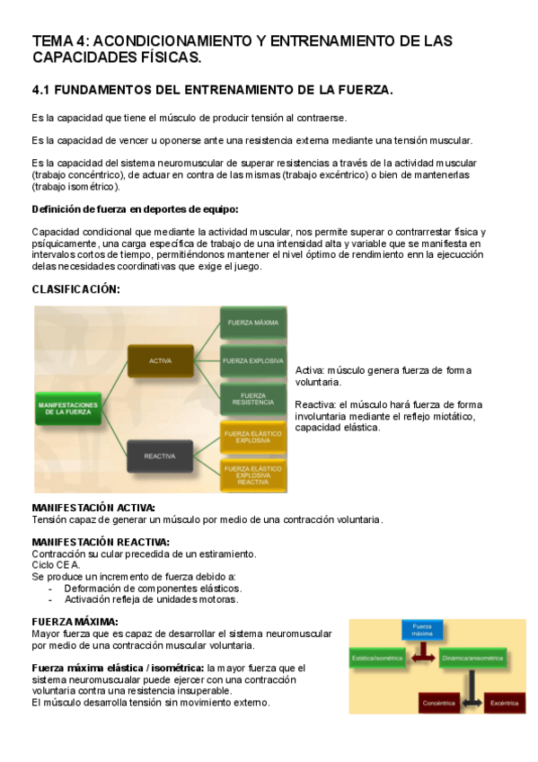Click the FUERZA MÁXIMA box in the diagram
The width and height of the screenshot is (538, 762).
coord(252,323)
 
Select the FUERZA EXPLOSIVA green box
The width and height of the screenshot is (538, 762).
coord(252,361)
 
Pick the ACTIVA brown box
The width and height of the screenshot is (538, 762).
coord(161,361)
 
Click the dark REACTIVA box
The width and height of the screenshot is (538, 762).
coord(160,456)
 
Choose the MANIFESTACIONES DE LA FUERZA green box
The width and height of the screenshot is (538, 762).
coord(68,409)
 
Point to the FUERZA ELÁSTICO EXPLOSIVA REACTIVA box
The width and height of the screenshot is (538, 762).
coord(252,474)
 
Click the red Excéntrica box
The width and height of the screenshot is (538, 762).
coord(504,704)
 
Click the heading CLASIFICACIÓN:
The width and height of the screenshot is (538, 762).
coord(75,289)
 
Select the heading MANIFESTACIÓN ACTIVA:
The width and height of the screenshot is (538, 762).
coord(93,508)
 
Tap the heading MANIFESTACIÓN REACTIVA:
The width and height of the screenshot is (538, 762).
coord(101,542)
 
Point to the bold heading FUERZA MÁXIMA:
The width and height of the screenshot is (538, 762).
coord(75,622)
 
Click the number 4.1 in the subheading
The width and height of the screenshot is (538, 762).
coord(42,91)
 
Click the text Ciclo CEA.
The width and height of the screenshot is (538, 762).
coord(56,565)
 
